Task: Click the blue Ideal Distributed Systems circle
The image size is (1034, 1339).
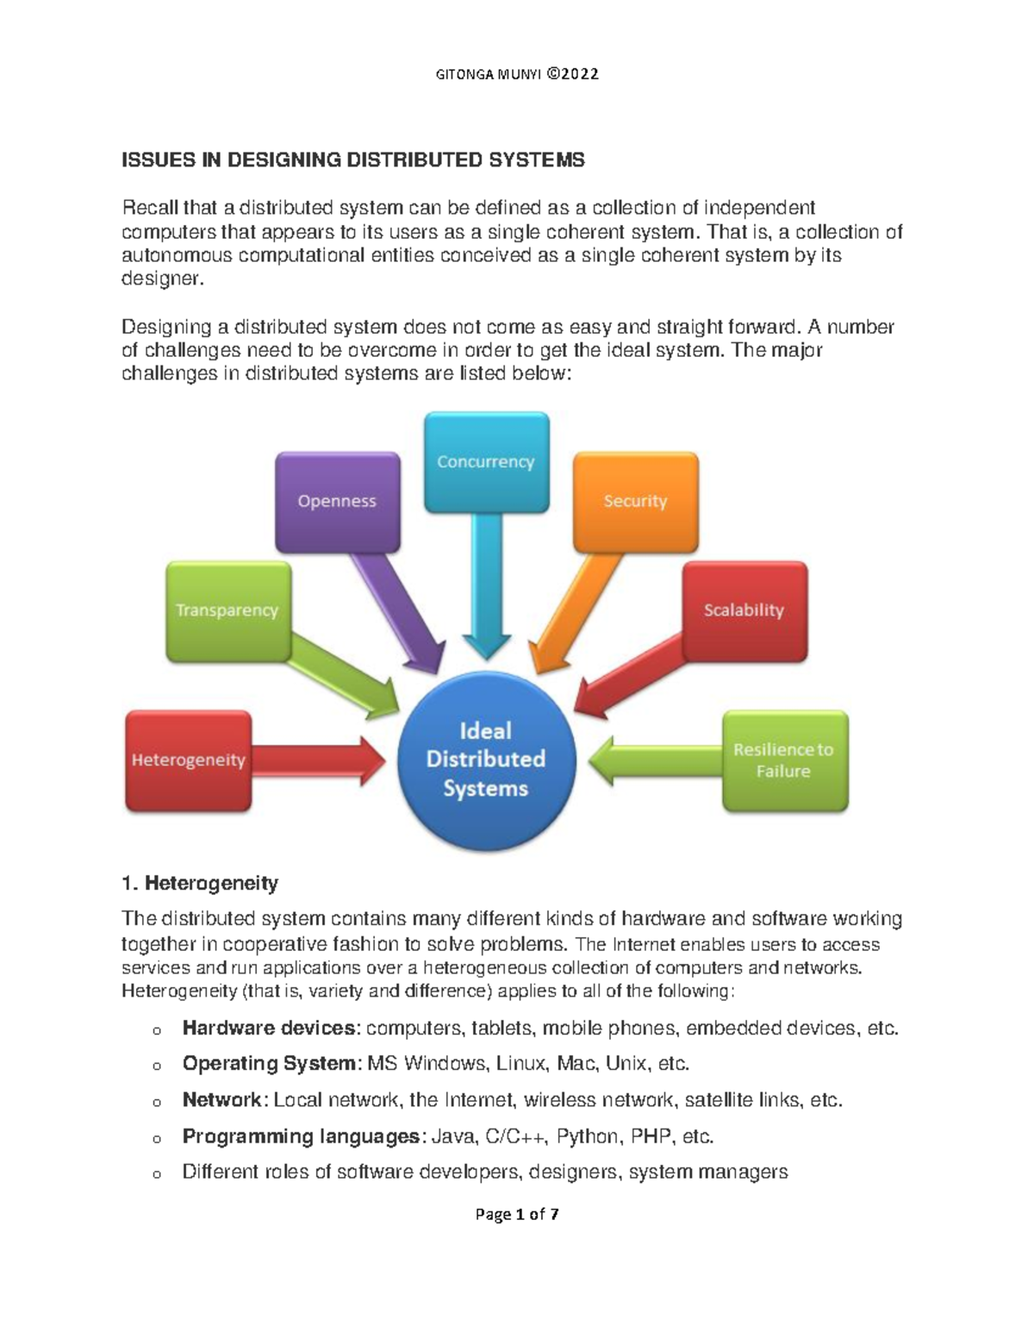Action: pos(485,760)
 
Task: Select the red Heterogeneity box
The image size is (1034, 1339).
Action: pos(189,760)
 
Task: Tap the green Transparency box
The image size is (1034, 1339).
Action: pos(227,610)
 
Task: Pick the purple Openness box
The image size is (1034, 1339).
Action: pos(337,501)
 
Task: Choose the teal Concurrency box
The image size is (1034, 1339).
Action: pos(486,461)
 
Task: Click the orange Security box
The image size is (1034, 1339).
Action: pos(635,501)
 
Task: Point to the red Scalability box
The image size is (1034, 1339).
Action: pos(744,610)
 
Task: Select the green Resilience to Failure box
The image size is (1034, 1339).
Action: pos(784,760)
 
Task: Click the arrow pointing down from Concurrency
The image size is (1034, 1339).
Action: pos(486,595)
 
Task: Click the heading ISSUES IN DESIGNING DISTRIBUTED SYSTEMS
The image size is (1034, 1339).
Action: pos(353,160)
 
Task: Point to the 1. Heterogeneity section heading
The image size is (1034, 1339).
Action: pos(200,883)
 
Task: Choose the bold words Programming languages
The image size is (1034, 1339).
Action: pos(301,1136)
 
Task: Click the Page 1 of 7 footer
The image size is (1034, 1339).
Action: pos(517,1215)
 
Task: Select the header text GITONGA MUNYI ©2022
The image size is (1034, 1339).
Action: pos(517,74)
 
